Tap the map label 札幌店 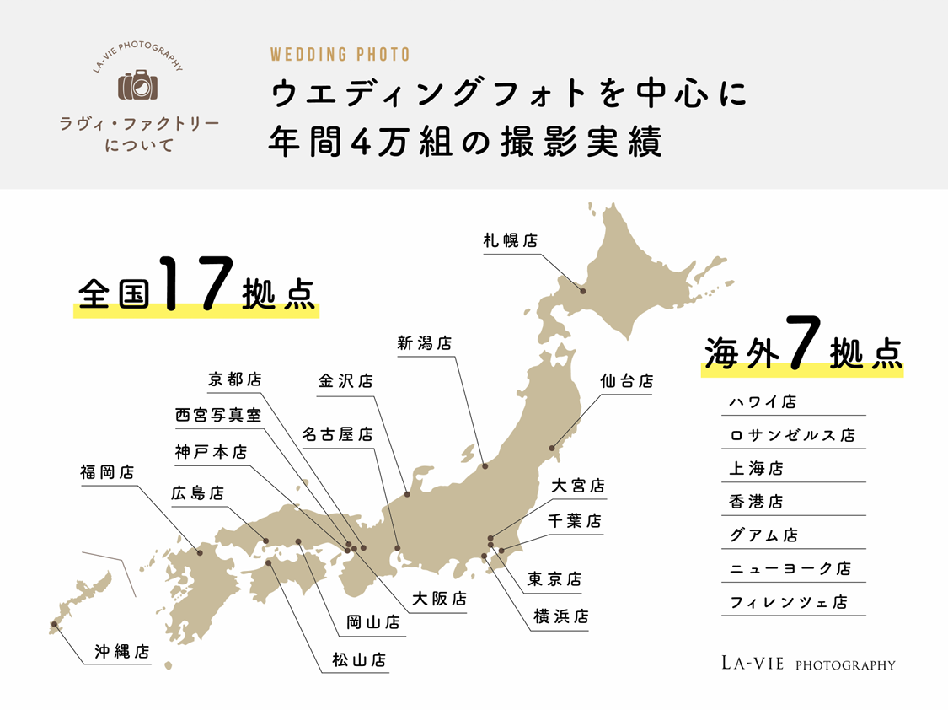510,240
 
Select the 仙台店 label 627,381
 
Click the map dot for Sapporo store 582,293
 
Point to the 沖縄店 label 122,651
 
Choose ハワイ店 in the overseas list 763,402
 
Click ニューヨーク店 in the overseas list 790,569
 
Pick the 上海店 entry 756,469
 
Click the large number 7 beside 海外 803,342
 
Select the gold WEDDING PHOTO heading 340,55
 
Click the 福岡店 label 107,472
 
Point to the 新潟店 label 424,343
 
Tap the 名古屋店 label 337,435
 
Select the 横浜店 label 560,617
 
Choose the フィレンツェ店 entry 788,603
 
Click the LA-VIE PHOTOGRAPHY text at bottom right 807,664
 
